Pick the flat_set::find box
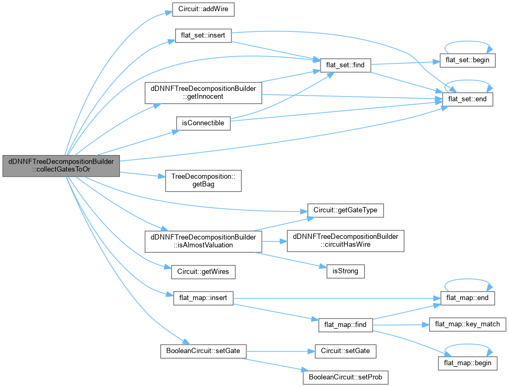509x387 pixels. pyautogui.click(x=346, y=65)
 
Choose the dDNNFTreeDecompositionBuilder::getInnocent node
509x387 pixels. pyautogui.click(x=203, y=93)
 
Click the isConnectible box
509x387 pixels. pyautogui.click(x=203, y=123)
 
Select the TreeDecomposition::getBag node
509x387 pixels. pyautogui.click(x=203, y=181)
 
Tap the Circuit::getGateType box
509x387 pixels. pyautogui.click(x=346, y=210)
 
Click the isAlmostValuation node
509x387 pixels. pyautogui.click(x=203, y=240)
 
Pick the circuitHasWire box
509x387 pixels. pyautogui.click(x=346, y=240)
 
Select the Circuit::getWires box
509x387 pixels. pyautogui.click(x=203, y=271)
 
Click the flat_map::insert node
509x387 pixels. pyautogui.click(x=203, y=298)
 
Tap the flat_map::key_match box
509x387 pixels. pyautogui.click(x=468, y=324)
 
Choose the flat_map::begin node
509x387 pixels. pyautogui.click(x=468, y=363)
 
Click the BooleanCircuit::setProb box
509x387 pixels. pyautogui.click(x=346, y=377)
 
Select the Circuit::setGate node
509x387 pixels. pyautogui.click(x=346, y=351)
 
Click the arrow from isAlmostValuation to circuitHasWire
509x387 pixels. pyautogui.click(x=274, y=240)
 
